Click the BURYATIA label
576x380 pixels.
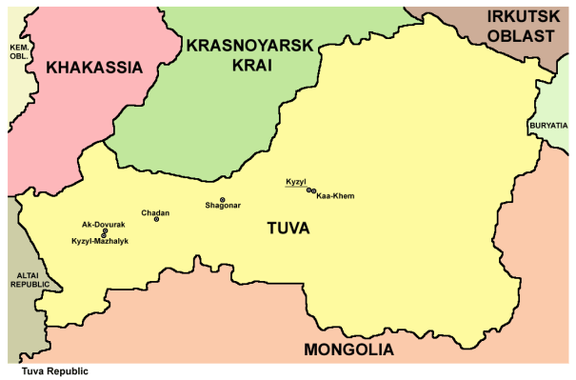[x=550, y=125]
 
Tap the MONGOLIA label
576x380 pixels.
[x=348, y=350]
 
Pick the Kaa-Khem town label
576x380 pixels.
[x=335, y=196]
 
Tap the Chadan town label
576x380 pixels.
[x=155, y=212]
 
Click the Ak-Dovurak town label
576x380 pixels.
[x=100, y=223]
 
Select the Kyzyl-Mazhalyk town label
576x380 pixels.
[x=100, y=242]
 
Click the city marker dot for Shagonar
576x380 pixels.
[x=222, y=200]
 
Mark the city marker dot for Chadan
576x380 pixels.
[x=157, y=220]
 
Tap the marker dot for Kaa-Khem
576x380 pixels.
[x=313, y=191]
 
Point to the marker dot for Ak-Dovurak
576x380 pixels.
[x=105, y=230]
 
